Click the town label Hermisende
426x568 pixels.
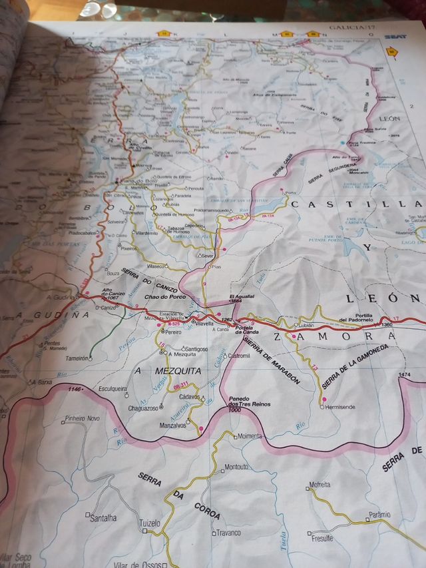click(x=341, y=407)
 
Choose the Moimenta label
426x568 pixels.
click(x=250, y=436)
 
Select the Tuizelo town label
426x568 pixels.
click(x=150, y=523)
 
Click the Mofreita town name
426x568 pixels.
click(x=319, y=485)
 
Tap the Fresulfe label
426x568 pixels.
click(x=322, y=538)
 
